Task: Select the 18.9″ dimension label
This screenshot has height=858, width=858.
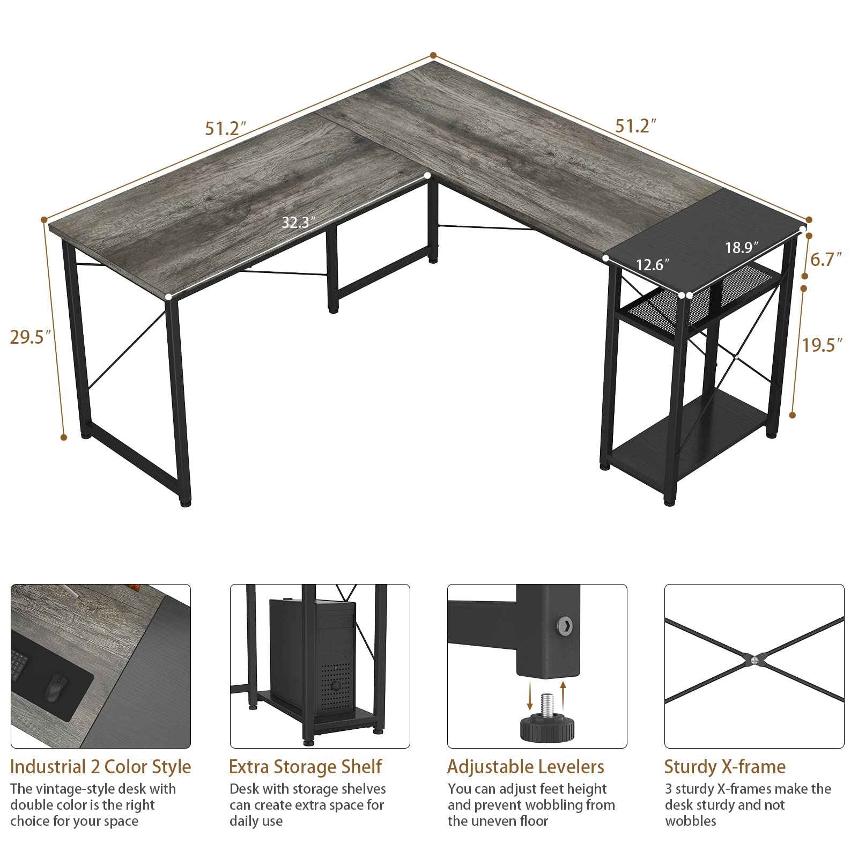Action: coord(742,247)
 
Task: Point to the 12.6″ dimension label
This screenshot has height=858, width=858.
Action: coord(653,264)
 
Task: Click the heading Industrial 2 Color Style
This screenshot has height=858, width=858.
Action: coord(100,766)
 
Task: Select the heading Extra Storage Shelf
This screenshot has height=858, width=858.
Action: coord(305,766)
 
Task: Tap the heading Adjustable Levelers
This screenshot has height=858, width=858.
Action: coord(526,766)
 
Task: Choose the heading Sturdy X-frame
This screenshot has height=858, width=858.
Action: coord(724,766)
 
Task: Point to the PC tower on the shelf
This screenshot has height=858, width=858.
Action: coord(313,657)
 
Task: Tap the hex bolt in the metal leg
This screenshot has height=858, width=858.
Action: coord(565,624)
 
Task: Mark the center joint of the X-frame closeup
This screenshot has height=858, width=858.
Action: coord(754,660)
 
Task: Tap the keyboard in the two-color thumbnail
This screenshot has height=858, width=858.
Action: coord(18,670)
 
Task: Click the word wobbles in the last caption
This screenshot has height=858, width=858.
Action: coord(690,821)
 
